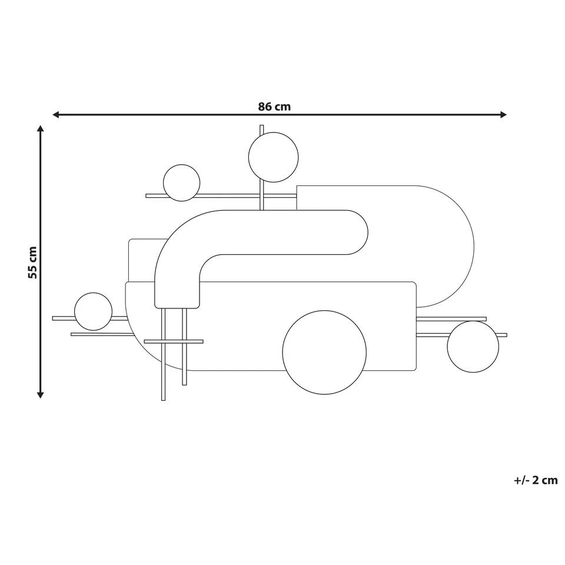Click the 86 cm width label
[274, 107]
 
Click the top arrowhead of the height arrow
[40, 130]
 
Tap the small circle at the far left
[93, 311]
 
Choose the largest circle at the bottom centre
[324, 352]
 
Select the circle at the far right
[473, 347]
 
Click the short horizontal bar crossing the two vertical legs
[174, 341]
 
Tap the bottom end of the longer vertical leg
[163, 398]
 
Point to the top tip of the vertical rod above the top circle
[262, 127]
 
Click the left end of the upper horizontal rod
[148, 196]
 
